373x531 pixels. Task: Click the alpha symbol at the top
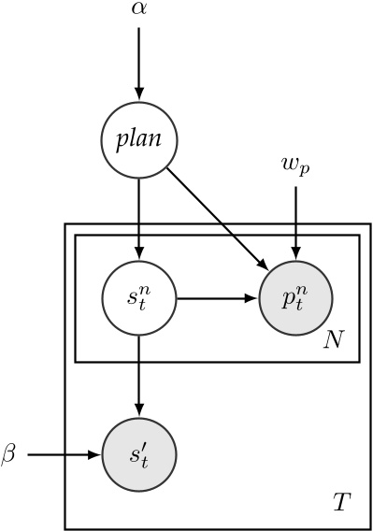(139, 10)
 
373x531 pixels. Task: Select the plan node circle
(139, 141)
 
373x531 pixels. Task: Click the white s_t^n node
(139, 300)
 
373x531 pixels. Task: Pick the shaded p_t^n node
(296, 300)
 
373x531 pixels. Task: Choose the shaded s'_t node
(139, 456)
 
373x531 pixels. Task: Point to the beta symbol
(9, 455)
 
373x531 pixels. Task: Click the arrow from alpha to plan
(139, 61)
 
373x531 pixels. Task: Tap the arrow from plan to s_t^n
(139, 220)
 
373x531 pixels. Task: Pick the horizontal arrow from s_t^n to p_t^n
(215, 300)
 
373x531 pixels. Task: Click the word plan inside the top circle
(139, 142)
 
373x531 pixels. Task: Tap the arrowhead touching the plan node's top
(139, 94)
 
